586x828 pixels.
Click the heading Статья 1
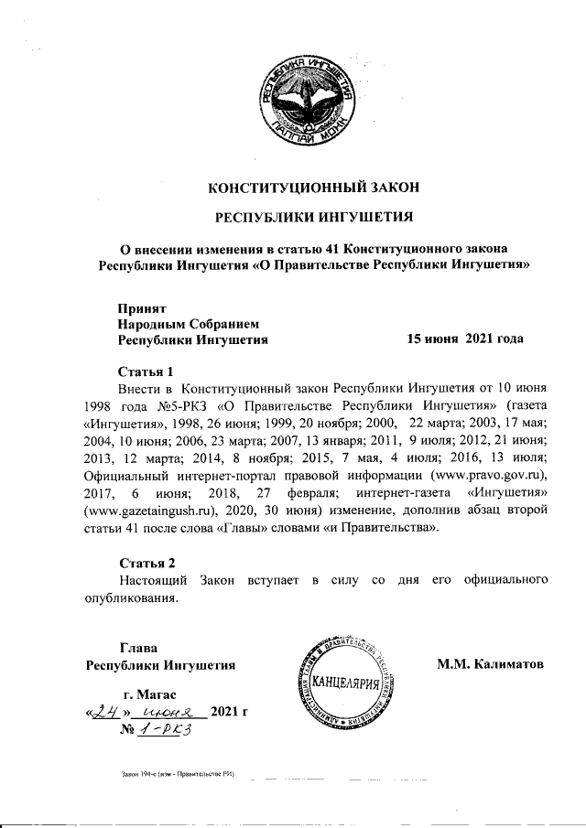pos(146,371)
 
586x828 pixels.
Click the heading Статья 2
pos(146,561)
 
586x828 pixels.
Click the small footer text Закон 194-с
pos(137,773)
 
